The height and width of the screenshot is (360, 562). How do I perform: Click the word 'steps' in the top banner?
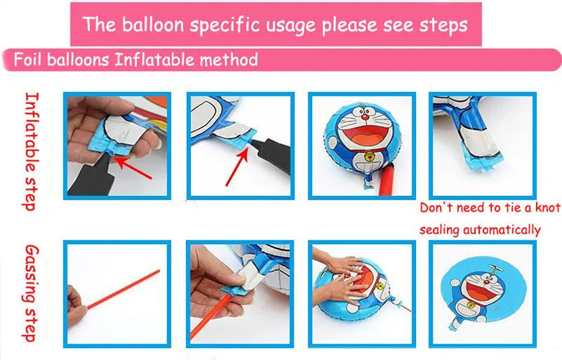[x=441, y=25]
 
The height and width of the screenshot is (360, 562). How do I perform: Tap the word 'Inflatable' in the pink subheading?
[x=149, y=60]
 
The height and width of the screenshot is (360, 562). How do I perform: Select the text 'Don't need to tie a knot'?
[x=490, y=208]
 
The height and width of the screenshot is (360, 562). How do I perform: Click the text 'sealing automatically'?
[x=481, y=230]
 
